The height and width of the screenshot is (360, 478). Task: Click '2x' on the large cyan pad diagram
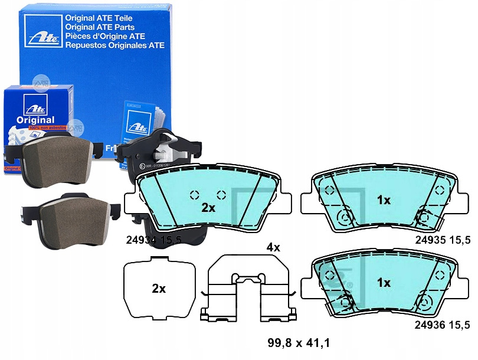(x=208, y=208)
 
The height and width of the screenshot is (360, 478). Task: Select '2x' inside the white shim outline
(x=158, y=289)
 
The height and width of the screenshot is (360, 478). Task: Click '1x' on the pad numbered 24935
(x=384, y=200)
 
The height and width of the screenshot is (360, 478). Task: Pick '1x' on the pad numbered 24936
(x=384, y=283)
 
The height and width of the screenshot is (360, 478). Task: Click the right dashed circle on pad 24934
(x=221, y=195)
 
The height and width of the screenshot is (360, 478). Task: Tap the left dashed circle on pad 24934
(x=194, y=195)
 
